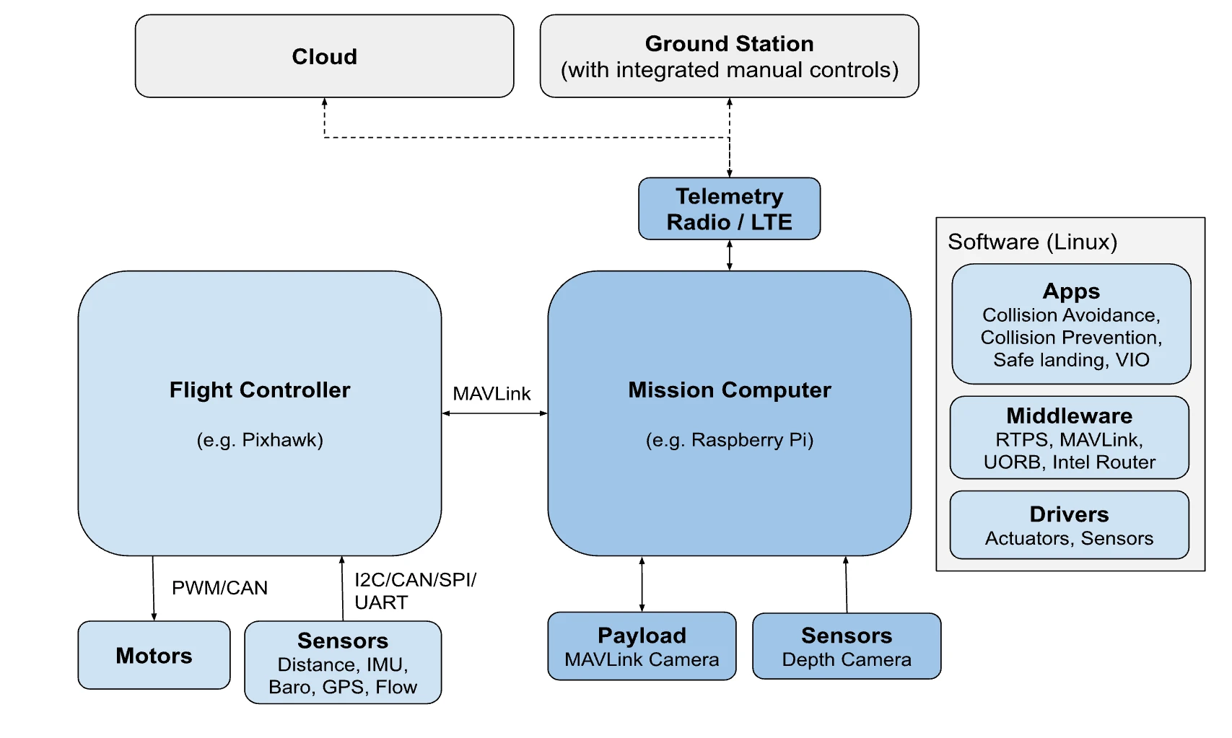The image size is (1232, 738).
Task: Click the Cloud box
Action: (x=324, y=56)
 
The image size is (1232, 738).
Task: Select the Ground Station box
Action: (x=729, y=56)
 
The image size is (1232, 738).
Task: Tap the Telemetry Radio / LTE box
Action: (x=729, y=208)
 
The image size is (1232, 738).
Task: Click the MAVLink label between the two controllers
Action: (x=492, y=394)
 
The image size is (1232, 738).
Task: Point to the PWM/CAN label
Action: (x=219, y=588)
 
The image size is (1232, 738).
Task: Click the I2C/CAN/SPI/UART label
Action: (x=414, y=591)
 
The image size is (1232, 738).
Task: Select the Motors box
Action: (x=154, y=655)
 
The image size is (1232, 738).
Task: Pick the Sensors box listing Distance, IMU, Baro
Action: (x=343, y=662)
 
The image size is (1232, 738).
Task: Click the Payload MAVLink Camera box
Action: (x=642, y=646)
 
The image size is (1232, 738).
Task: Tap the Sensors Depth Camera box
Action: (x=847, y=646)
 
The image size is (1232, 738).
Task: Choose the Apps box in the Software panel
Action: (x=1071, y=324)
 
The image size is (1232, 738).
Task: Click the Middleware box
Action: (x=1069, y=437)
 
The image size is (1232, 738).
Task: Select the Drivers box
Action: (x=1069, y=525)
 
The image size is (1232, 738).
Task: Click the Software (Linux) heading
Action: (x=1032, y=242)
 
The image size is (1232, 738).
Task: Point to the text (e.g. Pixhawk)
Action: (x=260, y=440)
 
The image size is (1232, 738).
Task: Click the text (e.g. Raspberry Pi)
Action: (x=729, y=440)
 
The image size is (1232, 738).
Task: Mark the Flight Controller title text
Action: (x=260, y=390)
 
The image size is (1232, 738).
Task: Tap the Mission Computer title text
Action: (x=729, y=390)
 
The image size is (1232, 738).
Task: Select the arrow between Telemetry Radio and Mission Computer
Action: (x=730, y=255)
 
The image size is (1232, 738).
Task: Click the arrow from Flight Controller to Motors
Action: (x=153, y=588)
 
